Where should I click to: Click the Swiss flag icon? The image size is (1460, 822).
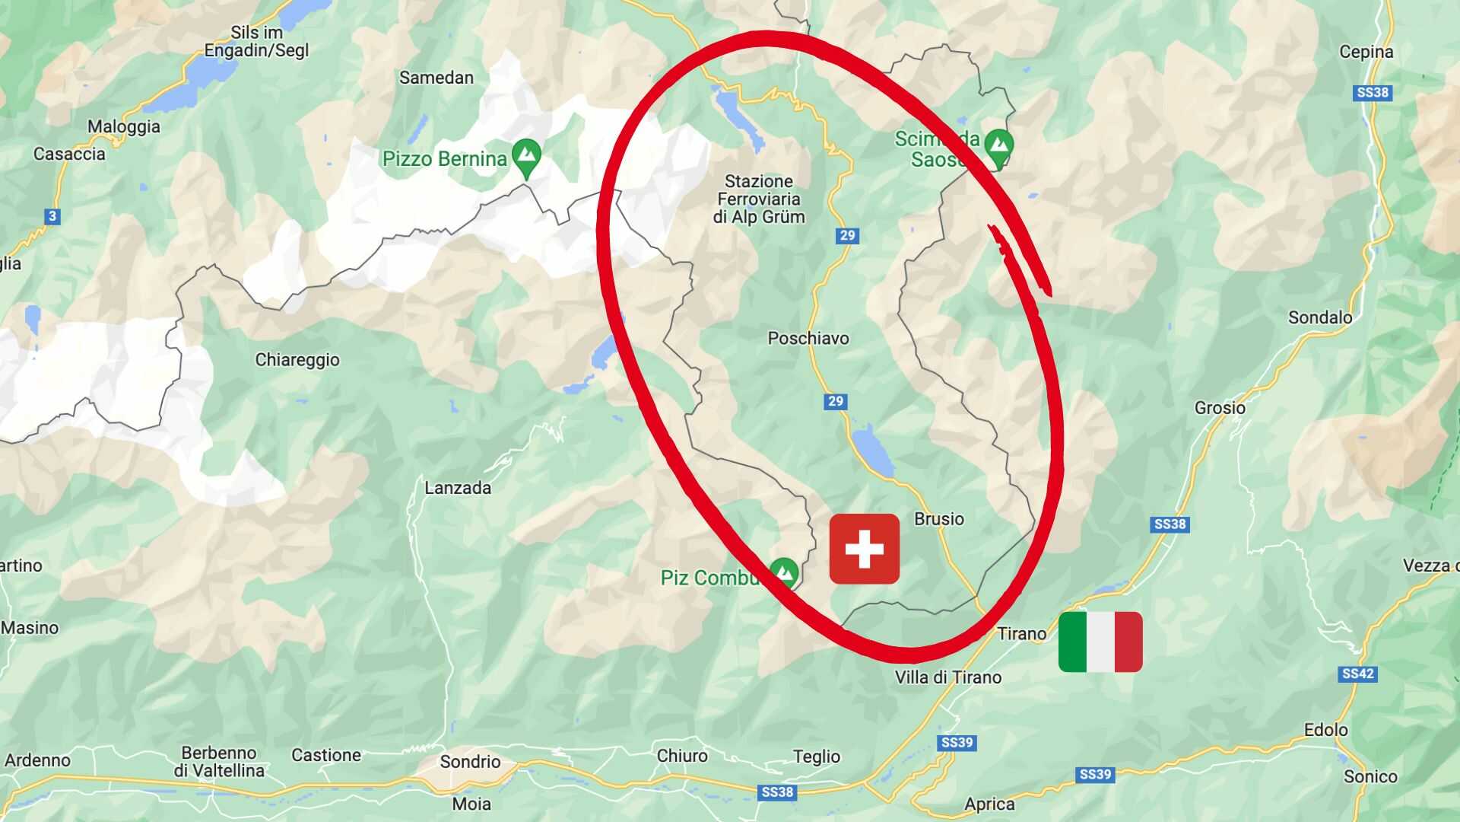(x=864, y=549)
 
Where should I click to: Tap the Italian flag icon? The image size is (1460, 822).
(x=1100, y=642)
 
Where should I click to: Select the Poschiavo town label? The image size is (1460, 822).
(x=808, y=338)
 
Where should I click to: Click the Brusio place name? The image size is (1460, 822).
(x=939, y=519)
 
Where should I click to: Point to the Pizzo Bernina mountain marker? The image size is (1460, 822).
(x=526, y=157)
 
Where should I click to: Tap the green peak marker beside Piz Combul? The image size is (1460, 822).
(x=784, y=573)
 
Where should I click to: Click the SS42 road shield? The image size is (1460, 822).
(x=1358, y=674)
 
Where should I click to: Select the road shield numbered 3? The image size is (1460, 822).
(x=52, y=216)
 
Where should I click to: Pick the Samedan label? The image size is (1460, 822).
(x=436, y=78)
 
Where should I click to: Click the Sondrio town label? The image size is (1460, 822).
(x=470, y=762)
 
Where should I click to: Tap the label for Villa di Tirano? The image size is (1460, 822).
(x=948, y=677)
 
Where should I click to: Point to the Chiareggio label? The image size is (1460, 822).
(x=297, y=360)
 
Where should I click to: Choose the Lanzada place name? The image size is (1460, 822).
(x=458, y=488)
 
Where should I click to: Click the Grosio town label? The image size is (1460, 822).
(x=1220, y=408)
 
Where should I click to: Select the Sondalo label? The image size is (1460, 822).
(x=1320, y=317)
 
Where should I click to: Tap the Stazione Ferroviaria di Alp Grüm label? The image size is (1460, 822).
(x=759, y=199)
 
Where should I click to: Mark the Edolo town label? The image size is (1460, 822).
(x=1325, y=730)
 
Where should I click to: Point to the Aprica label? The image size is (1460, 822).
(x=989, y=804)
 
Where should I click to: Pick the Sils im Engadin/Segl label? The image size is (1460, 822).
(x=257, y=42)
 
